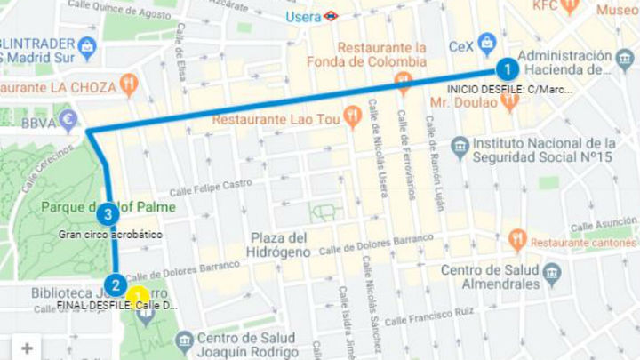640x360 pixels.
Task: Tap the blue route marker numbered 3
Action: coord(108,213)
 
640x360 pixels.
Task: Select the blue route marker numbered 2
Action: coord(115,285)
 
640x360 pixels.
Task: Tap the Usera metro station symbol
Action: coord(330,15)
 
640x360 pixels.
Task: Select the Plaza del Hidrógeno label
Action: coord(280,244)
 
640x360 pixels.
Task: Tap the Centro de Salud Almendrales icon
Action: coord(551,272)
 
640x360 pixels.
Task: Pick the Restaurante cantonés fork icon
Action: coord(517,240)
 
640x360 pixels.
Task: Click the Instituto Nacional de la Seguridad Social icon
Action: coord(460,145)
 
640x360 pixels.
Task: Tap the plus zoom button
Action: coord(27,348)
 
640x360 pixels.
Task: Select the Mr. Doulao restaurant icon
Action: coord(509,101)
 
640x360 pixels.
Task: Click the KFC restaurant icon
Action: coord(570,7)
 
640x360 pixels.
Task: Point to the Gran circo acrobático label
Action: coord(110,235)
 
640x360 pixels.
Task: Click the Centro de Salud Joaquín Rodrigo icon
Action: coord(184,340)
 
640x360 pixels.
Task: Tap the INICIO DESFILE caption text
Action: coord(509,89)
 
